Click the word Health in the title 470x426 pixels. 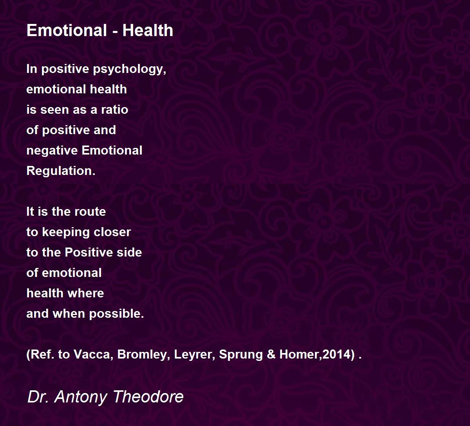[148, 30]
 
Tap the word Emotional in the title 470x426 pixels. [67, 30]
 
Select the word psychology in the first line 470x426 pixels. [130, 69]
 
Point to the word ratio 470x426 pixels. [115, 109]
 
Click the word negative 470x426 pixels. [52, 151]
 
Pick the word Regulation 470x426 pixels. [61, 171]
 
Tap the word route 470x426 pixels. [90, 212]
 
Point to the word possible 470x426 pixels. [116, 314]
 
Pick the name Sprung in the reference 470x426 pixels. [240, 355]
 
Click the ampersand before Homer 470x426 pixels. [271, 355]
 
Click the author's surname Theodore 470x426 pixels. [148, 397]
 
